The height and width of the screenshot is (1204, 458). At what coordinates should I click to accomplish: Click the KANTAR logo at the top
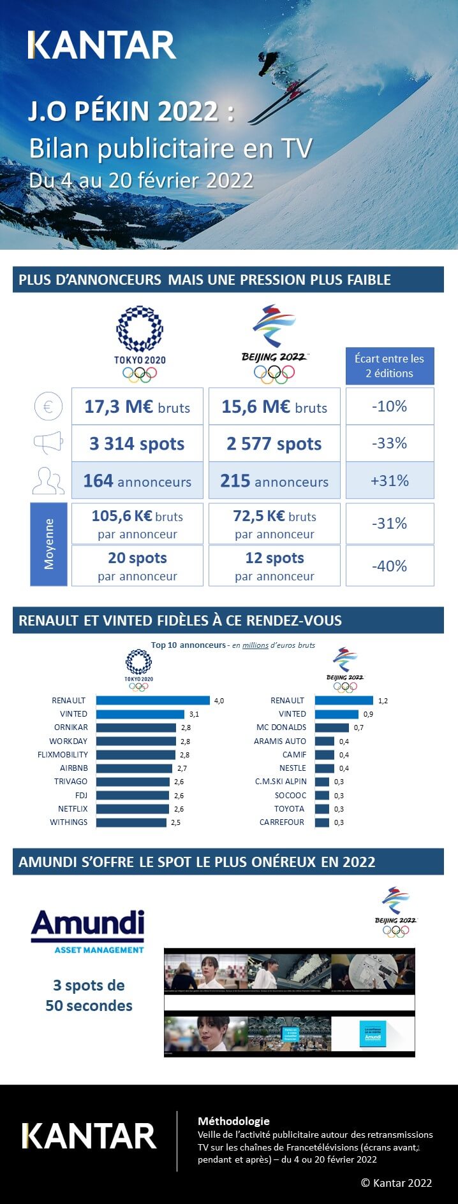point(102,45)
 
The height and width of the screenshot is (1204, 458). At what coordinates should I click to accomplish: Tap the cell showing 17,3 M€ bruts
point(137,406)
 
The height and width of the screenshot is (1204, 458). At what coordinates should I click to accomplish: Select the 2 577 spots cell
point(274,443)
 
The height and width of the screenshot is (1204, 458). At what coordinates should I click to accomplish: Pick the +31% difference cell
point(390,480)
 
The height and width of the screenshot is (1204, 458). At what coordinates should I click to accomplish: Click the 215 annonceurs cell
point(274,480)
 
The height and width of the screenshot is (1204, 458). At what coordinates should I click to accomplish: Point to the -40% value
point(390,566)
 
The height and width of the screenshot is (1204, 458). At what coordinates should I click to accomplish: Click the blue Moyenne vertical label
point(49,544)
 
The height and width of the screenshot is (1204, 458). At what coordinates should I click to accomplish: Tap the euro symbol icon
point(48,406)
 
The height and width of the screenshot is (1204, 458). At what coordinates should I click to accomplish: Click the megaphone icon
point(48,443)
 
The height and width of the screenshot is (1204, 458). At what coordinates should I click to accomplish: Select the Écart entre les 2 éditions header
point(389,366)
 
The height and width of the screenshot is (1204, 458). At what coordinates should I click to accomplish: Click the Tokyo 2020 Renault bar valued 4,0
point(153,700)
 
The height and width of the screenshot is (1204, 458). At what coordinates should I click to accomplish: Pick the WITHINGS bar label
point(69,822)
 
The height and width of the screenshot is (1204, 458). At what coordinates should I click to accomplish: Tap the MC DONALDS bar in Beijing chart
point(332,727)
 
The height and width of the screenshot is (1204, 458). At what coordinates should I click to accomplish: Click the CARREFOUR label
point(282,822)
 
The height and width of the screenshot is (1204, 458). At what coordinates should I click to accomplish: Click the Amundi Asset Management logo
point(88,931)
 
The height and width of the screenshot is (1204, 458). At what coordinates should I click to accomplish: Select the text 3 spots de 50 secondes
point(89,995)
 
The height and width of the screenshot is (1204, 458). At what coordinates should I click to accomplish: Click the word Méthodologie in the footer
point(233,1121)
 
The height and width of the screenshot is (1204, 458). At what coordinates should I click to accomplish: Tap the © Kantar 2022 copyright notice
point(396,1182)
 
